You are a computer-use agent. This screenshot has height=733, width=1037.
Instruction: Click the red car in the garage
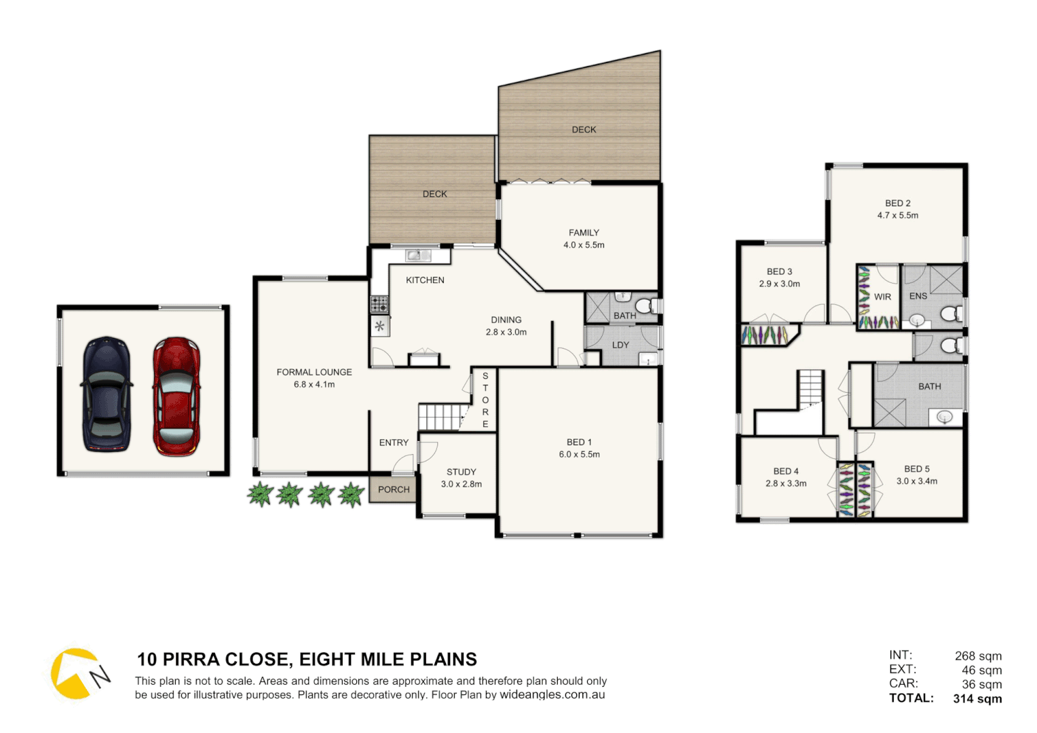coord(176,396)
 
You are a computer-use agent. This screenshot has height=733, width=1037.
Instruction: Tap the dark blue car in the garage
coord(107,394)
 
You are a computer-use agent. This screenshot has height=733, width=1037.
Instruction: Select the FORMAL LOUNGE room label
coord(314,372)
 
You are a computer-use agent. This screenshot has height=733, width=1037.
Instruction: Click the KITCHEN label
coord(425,280)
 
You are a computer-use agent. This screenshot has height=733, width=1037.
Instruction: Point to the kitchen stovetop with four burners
coord(379,303)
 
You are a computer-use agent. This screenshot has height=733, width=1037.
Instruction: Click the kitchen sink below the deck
coord(418,255)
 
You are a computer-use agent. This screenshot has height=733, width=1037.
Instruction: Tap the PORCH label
coord(394,489)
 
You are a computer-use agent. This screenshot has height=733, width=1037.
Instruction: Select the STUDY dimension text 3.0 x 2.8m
coord(461,484)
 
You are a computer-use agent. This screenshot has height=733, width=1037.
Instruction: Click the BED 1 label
coord(579,442)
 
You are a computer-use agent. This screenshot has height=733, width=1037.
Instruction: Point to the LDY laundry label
coord(620,345)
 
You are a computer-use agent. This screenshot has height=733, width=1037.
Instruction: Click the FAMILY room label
coord(584,233)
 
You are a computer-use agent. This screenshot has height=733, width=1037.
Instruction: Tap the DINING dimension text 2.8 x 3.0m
coord(506,332)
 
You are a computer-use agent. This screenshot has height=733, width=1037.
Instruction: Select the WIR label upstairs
coord(882,297)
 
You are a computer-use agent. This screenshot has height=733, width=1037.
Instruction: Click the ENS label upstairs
coord(918,296)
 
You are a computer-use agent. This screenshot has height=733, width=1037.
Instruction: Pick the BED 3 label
coord(779,271)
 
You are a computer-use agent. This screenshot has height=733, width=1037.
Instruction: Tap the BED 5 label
coord(917,469)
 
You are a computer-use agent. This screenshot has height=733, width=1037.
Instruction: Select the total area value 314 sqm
coord(977,698)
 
